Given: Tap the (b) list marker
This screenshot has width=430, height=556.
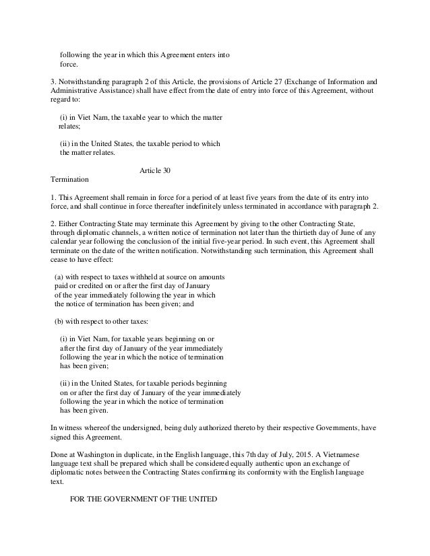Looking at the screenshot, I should point(59,320).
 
